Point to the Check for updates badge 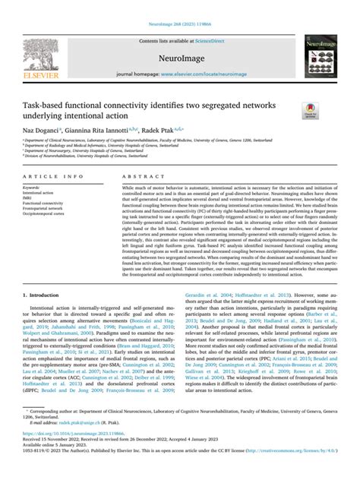click(x=309, y=111)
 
